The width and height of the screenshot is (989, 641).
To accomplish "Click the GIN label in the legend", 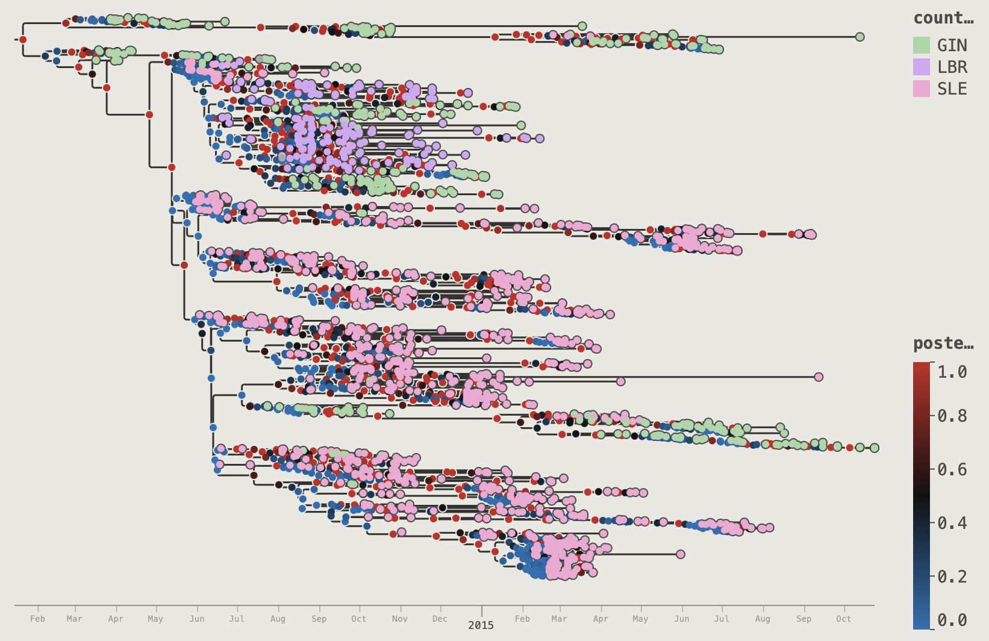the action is coord(952,46).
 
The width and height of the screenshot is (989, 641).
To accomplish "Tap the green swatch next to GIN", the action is coord(922,45).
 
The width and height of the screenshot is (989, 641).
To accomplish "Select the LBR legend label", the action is coord(952,67).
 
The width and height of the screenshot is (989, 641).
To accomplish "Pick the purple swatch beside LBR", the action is coord(922,67).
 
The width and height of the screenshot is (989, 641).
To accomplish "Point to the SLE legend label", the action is coord(952,89).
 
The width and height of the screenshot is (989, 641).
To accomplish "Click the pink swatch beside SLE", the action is coord(922,89).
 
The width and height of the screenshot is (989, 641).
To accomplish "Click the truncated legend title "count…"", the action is coord(943,18).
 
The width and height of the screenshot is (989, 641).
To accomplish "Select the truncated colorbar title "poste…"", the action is coord(943,343).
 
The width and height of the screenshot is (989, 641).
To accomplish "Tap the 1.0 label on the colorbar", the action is coord(952,372).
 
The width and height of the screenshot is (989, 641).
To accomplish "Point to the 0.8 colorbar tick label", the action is coord(952,416).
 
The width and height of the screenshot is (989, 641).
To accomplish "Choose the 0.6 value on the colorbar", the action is coord(952,469).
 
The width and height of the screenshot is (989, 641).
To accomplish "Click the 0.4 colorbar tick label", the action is coord(952,523).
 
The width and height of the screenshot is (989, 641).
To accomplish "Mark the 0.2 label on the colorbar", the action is coord(952,577).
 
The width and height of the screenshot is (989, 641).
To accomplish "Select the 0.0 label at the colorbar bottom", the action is coord(952,621).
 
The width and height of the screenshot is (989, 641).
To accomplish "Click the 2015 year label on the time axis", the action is coord(481,625).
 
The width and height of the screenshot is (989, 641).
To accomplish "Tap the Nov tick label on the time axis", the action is coord(399,619).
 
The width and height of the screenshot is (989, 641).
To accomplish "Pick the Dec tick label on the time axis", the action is coord(440,619).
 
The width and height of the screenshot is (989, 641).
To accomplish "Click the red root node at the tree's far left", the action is coord(23,40).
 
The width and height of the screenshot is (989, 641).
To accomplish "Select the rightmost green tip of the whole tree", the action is coord(874,448).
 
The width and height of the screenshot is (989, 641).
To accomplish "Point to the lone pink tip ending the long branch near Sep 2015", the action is coord(819,377).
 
